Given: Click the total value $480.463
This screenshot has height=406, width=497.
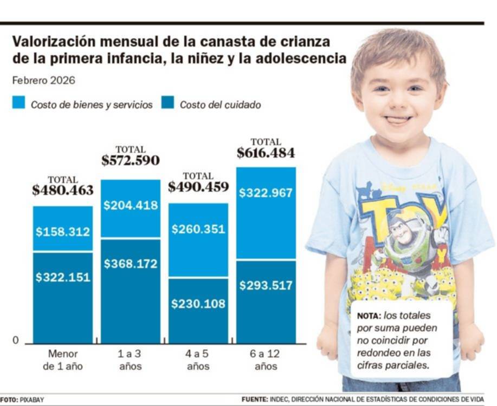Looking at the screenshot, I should (63, 191).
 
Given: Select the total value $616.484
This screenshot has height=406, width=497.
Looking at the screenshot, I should (266, 153).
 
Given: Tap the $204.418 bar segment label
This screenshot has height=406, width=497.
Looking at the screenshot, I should (130, 205).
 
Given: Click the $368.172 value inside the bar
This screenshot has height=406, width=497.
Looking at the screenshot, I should (130, 264).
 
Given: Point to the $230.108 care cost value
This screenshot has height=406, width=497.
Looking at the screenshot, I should (198, 304).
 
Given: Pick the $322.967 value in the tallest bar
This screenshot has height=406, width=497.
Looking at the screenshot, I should (266, 193).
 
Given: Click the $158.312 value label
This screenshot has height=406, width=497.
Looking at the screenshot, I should (63, 232).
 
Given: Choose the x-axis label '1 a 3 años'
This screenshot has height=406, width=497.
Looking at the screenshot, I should (130, 360).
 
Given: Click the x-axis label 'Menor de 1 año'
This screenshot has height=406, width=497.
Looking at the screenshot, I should (63, 360).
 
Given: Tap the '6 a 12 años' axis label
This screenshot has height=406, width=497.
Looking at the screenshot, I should (266, 360).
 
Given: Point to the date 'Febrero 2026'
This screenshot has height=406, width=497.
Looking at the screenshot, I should (43, 80).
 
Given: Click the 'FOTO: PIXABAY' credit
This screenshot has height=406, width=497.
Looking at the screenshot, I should (22, 400).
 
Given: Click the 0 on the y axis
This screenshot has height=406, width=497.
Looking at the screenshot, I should (15, 340).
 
